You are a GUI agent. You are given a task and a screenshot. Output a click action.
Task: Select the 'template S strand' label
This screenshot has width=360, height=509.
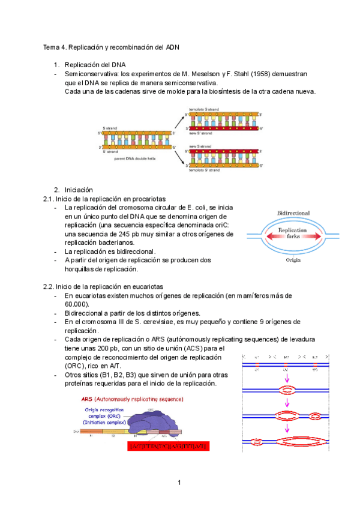204,109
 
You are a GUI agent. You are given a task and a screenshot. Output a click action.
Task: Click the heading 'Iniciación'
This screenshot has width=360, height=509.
80,190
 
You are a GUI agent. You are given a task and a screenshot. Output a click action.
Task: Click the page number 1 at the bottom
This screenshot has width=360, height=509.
179,483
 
